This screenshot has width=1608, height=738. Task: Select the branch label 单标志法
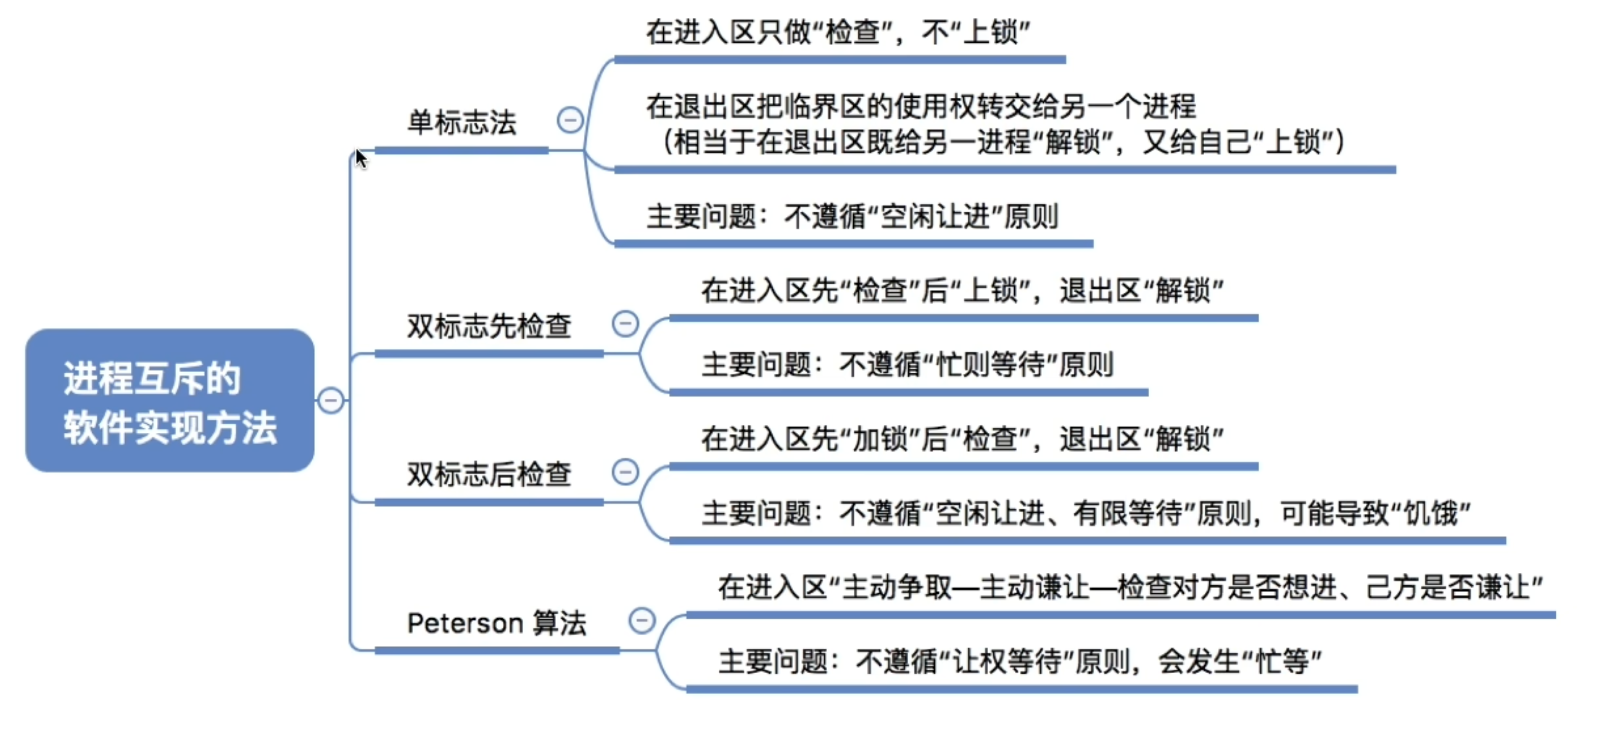(x=462, y=122)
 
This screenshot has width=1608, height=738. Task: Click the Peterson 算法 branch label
(x=497, y=623)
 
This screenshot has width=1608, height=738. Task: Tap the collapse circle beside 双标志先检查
(x=625, y=323)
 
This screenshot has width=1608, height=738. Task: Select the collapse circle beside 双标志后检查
(x=625, y=471)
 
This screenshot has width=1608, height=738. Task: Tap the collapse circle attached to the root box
(x=331, y=400)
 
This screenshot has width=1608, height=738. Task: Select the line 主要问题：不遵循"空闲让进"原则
(x=852, y=217)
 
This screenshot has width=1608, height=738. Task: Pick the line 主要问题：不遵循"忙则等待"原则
(x=907, y=365)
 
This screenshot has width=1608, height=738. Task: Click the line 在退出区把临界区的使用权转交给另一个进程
(x=921, y=107)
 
